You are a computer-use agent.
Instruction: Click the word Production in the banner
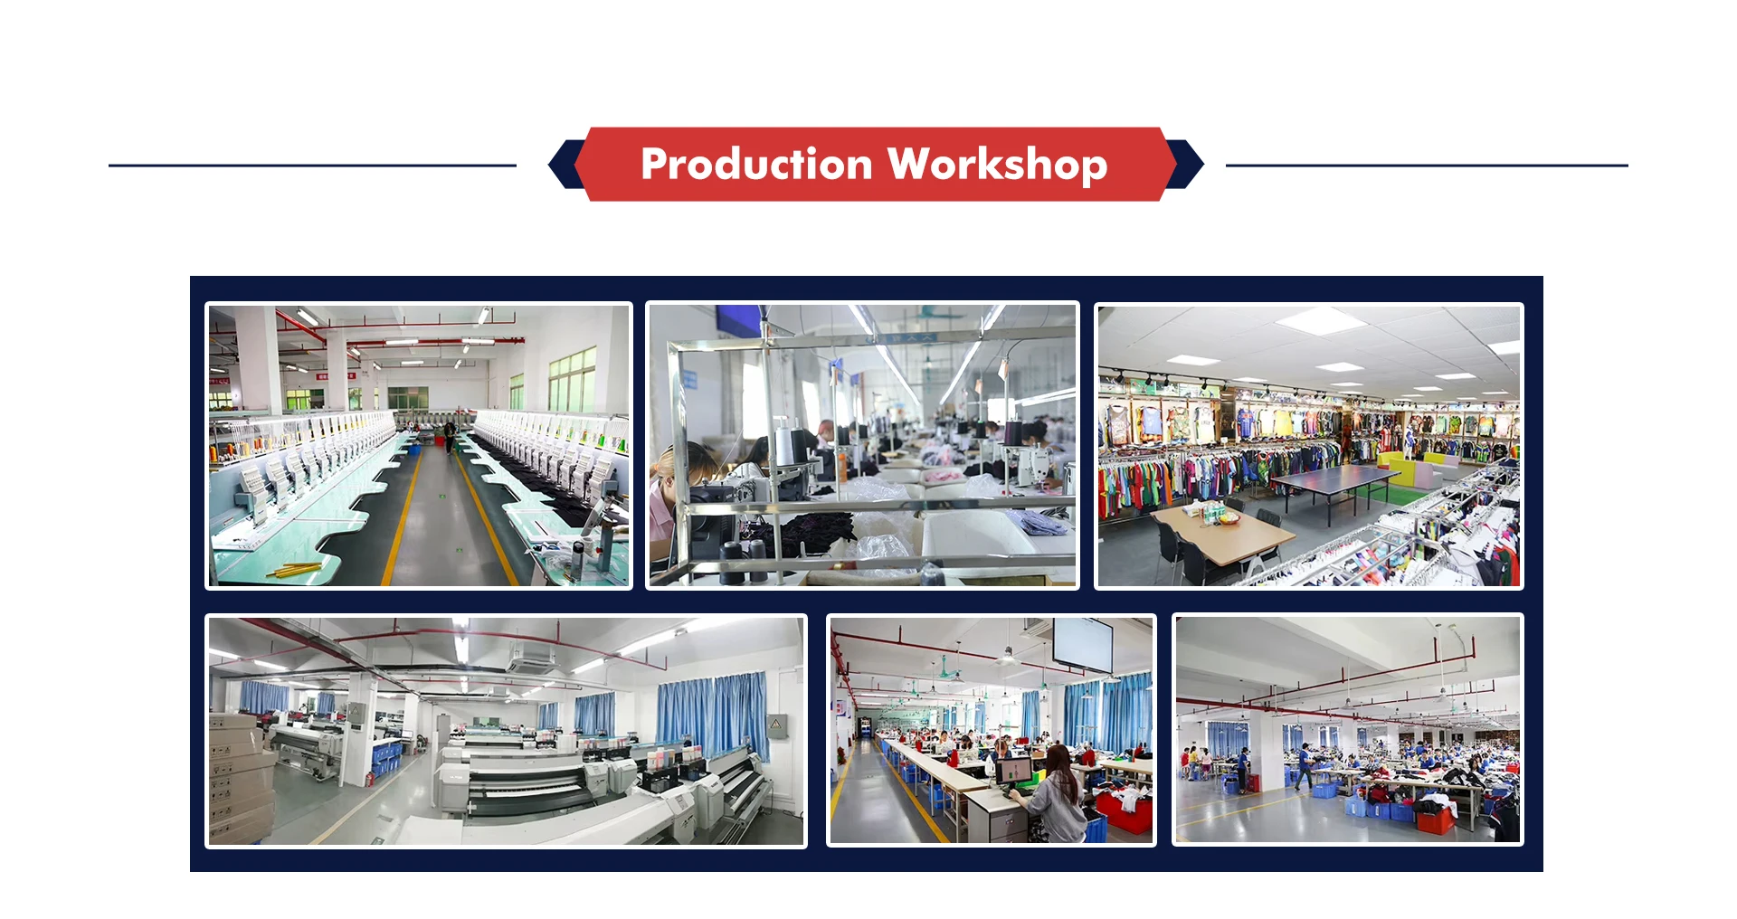click(x=756, y=165)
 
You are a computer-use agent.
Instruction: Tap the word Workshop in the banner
click(x=997, y=165)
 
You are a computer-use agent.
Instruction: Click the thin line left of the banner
click(x=312, y=166)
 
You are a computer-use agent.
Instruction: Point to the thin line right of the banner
click(x=1427, y=166)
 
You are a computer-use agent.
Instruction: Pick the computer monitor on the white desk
click(x=1014, y=770)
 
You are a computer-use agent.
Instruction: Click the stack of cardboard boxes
click(x=240, y=778)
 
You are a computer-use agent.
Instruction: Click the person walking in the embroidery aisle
click(x=449, y=437)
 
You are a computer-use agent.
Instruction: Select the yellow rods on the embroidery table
click(x=294, y=570)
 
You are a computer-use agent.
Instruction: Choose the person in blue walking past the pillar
click(x=1303, y=767)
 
